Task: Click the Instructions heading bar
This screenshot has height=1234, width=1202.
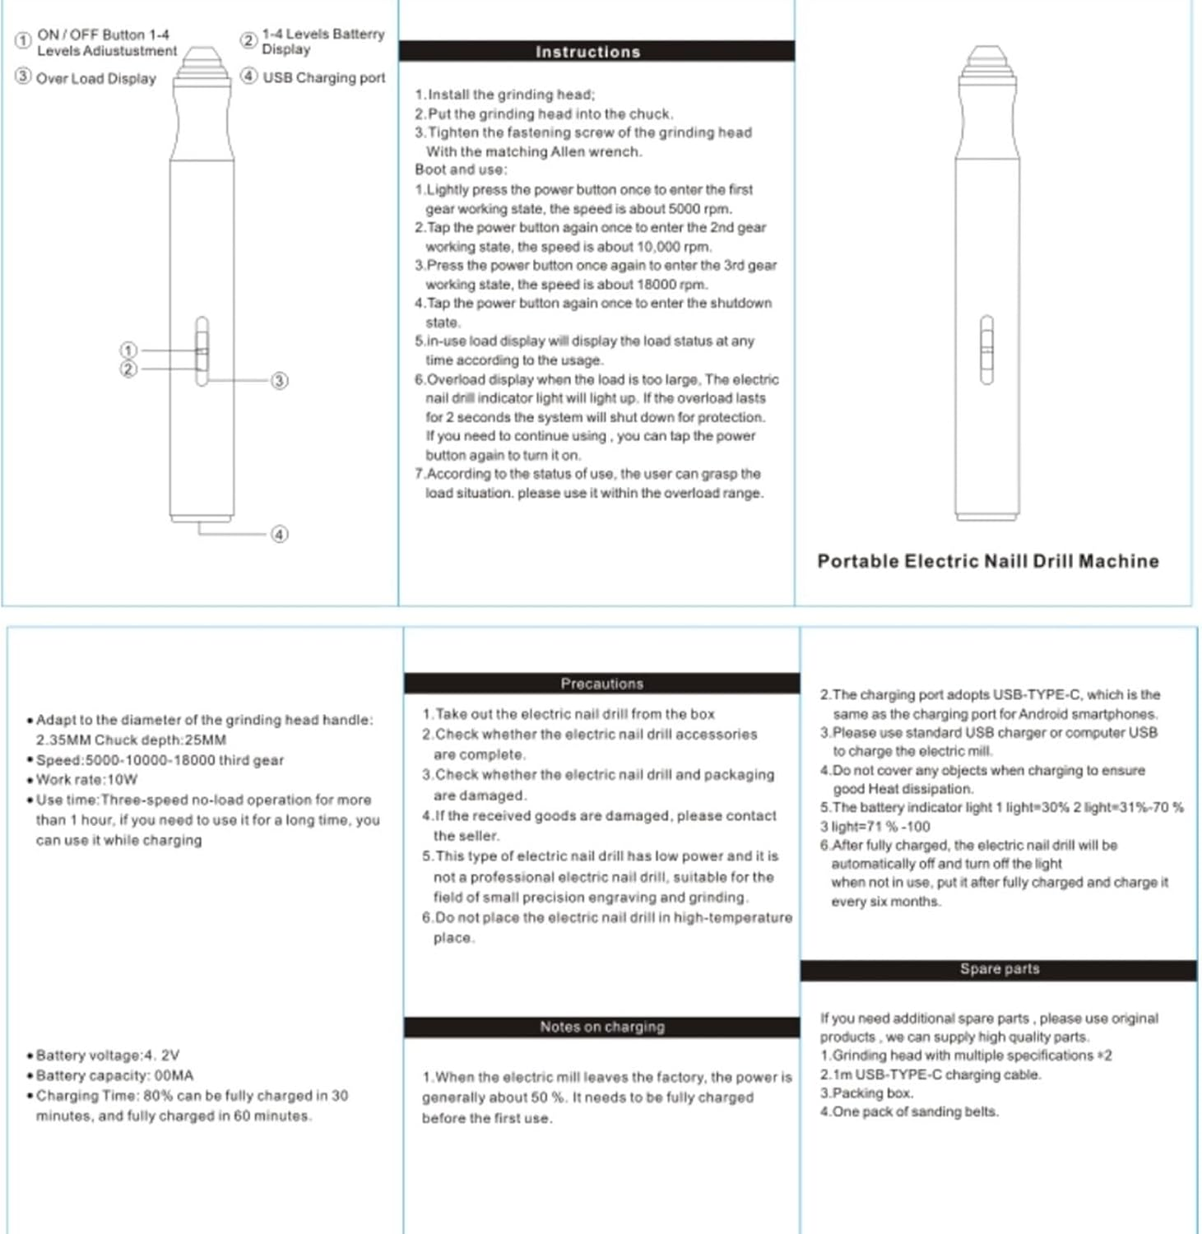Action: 587,52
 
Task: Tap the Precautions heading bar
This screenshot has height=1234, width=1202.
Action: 601,684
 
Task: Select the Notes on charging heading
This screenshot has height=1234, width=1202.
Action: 601,1027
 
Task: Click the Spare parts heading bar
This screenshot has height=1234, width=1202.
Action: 999,969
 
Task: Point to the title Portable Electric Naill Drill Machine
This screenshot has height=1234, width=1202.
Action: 987,561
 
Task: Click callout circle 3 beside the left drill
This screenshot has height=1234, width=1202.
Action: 280,381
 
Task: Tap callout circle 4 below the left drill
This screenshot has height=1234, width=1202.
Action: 280,534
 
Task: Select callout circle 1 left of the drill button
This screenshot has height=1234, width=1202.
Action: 128,350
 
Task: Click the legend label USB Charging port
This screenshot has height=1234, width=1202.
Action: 323,77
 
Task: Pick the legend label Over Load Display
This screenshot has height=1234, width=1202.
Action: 95,79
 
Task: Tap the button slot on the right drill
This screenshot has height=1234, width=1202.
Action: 986,350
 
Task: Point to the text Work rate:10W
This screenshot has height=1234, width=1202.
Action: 86,780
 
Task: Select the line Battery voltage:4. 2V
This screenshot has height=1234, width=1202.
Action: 107,1055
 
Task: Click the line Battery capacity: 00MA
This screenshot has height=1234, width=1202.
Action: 114,1076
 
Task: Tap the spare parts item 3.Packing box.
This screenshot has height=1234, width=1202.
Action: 866,1093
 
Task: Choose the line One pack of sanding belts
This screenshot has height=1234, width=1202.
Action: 909,1112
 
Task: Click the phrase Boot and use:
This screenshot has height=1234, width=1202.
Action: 461,170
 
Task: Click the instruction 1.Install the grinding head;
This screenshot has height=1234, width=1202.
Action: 504,95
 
